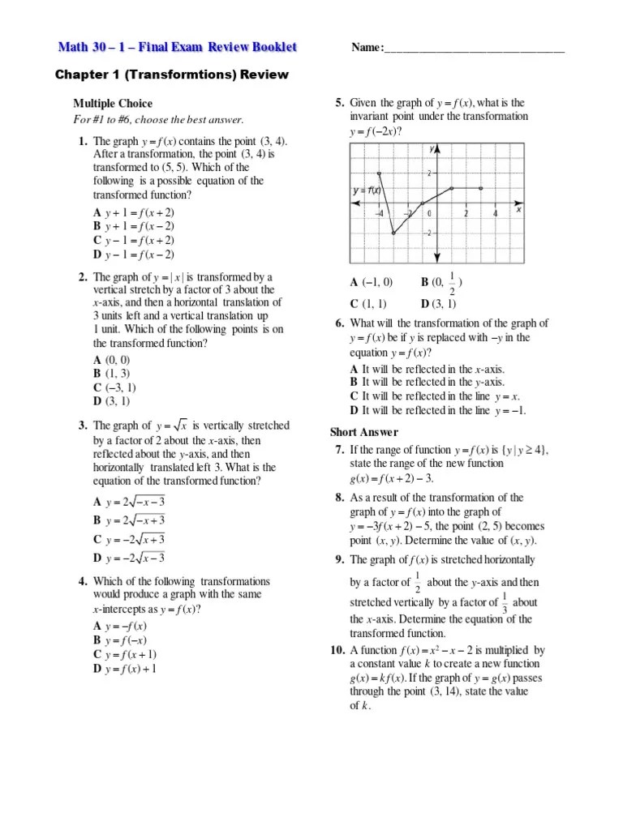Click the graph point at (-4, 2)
379,173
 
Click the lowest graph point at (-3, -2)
393,233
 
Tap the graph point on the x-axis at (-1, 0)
423,203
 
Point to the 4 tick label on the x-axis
495,214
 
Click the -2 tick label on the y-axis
430,233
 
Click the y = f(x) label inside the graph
367,190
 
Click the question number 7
338,449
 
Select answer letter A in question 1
97,212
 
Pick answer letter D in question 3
97,557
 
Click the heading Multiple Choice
113,103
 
